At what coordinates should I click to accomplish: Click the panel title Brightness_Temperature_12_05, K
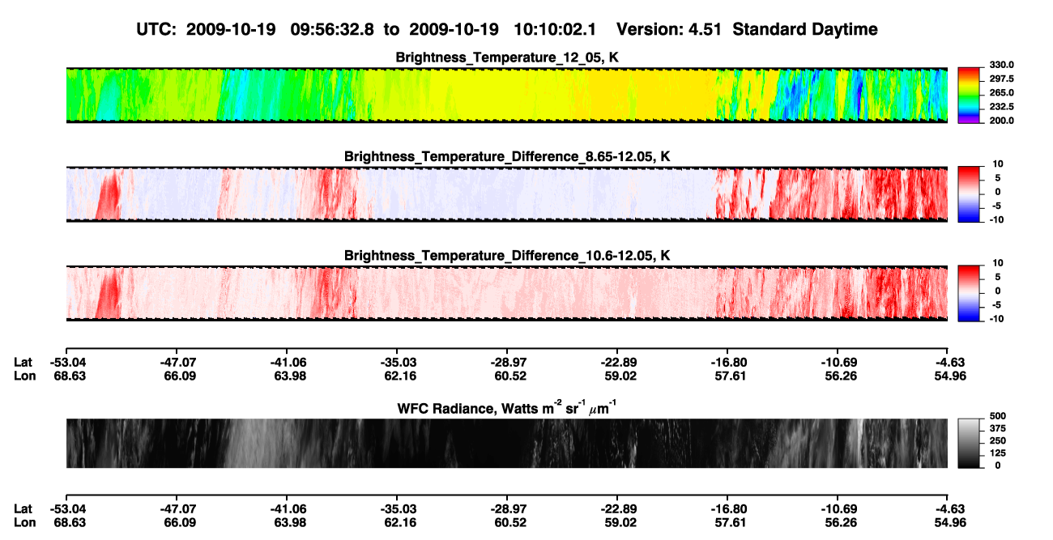coord(507,57)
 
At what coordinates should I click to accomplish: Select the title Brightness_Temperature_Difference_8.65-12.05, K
coord(507,156)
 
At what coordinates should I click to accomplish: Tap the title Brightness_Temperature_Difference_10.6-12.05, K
coord(507,256)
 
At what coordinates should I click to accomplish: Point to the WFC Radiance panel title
coord(507,408)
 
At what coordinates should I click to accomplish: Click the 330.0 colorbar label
coord(1001,65)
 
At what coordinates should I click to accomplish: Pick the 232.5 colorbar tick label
coord(1001,107)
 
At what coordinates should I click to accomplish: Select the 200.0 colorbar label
coord(1001,121)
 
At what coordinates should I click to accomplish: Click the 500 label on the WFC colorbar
coord(998,416)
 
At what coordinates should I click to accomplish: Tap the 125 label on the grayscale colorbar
coord(998,453)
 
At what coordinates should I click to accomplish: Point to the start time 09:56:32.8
coord(332,29)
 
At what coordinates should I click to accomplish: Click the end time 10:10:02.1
coord(555,29)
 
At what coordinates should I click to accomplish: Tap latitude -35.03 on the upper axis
coord(397,363)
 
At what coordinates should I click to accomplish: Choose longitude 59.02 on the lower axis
coord(620,523)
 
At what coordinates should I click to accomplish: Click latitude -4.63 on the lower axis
coord(950,509)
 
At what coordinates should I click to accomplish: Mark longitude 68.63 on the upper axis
coord(70,376)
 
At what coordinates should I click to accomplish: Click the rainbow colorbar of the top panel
coord(969,96)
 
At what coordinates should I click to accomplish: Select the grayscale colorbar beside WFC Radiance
coord(969,443)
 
